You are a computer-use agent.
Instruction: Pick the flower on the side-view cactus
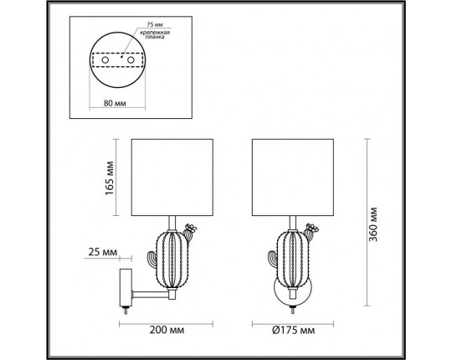pyautogui.click(x=191, y=227)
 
